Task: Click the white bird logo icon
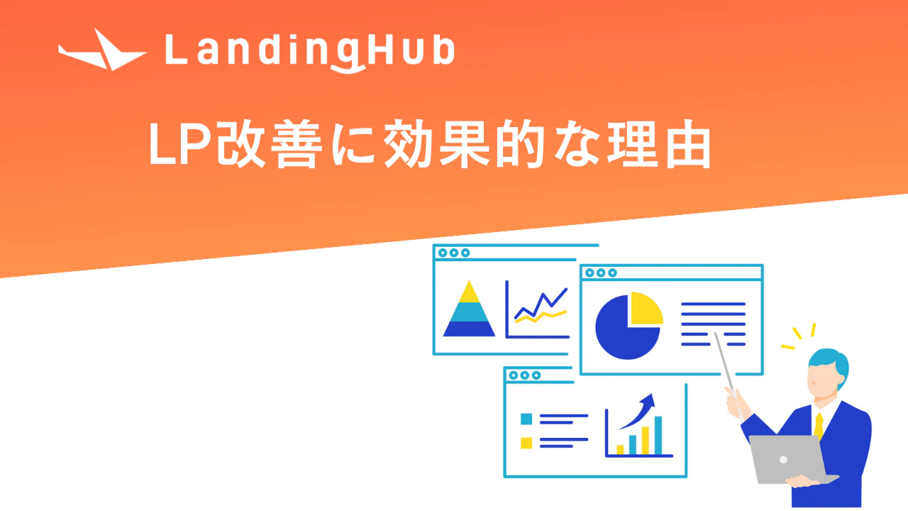(101, 53)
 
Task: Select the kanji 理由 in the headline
(659, 143)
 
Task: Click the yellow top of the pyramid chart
(469, 293)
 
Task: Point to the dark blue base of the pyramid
(469, 329)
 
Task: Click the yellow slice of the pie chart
(646, 307)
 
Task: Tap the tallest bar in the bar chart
(658, 435)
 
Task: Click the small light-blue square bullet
(526, 419)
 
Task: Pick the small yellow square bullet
(526, 443)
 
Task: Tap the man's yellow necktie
(819, 426)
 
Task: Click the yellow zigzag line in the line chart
(541, 317)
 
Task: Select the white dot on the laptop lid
(784, 459)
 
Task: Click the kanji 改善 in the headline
(270, 143)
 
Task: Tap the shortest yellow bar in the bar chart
(620, 450)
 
